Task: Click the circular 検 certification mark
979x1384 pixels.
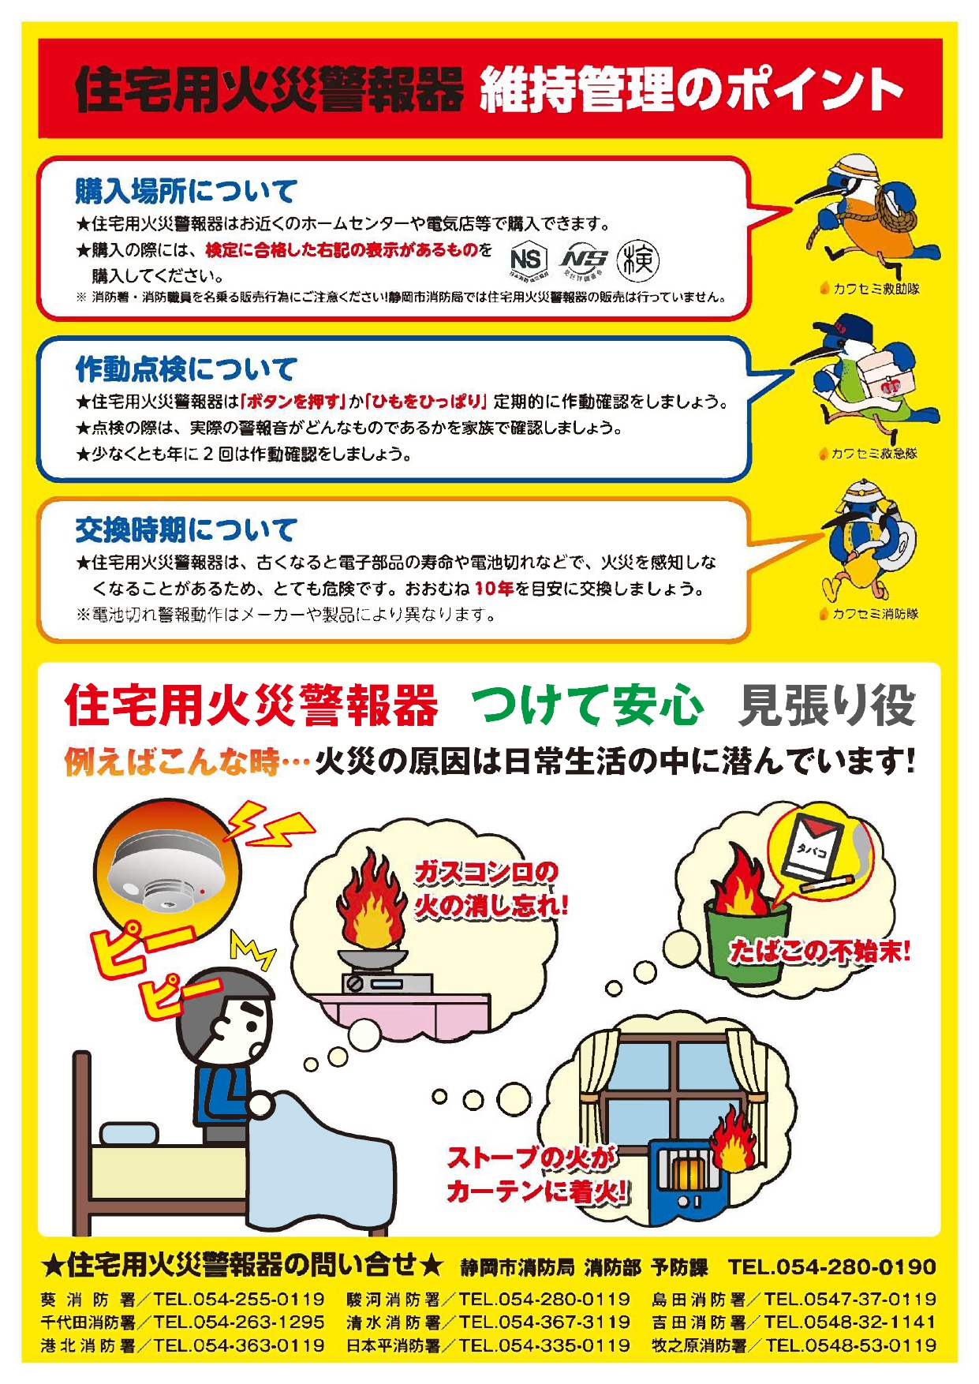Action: [x=637, y=260]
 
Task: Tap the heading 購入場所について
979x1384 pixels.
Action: [x=186, y=191]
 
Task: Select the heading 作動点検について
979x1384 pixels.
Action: [x=186, y=368]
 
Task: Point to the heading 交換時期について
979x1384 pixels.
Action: [x=186, y=529]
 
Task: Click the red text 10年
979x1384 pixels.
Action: [x=494, y=589]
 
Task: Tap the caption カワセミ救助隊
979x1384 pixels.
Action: [x=869, y=289]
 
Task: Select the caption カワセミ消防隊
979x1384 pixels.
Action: [x=869, y=614]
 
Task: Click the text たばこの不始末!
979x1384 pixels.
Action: [x=819, y=951]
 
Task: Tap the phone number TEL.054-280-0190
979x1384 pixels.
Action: [x=831, y=1266]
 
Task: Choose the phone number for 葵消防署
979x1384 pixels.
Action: [x=239, y=1299]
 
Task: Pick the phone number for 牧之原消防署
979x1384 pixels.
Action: [x=850, y=1345]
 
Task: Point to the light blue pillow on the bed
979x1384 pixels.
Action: [x=129, y=1135]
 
